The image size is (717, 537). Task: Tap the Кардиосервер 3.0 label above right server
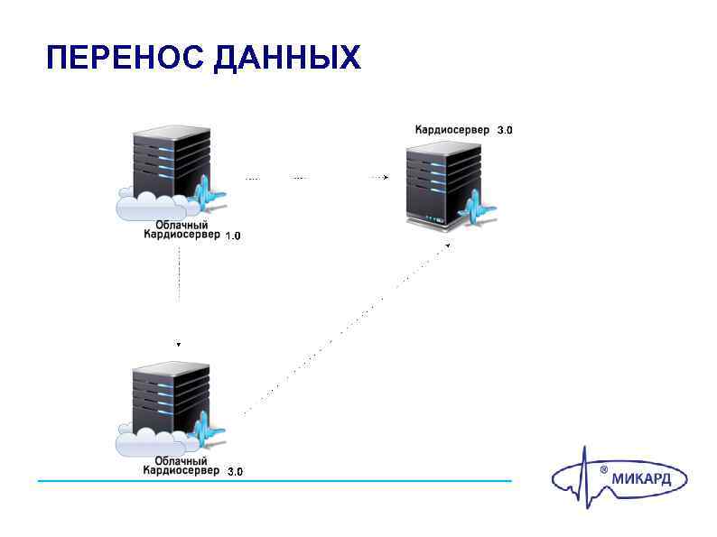[x=463, y=130]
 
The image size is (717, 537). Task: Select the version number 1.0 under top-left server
[x=233, y=236]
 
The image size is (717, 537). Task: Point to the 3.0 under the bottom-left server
[x=234, y=472]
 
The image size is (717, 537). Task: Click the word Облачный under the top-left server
[x=182, y=225]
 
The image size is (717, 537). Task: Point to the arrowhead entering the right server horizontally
[x=386, y=178]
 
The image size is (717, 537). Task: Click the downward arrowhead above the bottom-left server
[x=179, y=344]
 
